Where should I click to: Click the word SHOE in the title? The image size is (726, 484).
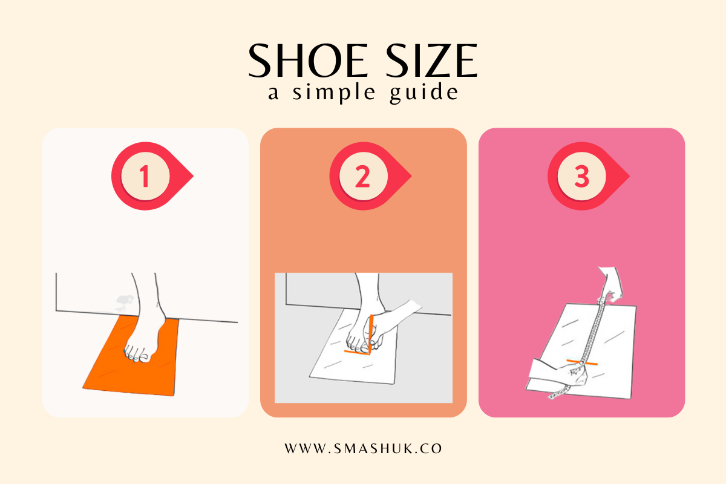[308, 60]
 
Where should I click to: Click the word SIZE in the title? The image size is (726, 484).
[432, 60]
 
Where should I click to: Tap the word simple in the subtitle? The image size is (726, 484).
[334, 93]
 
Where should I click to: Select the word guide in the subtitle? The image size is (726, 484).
[424, 93]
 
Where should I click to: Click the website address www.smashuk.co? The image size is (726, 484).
[364, 449]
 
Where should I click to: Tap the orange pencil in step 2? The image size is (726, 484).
[370, 334]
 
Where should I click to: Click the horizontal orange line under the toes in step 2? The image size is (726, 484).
[357, 352]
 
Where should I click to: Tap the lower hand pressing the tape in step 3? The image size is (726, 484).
[561, 376]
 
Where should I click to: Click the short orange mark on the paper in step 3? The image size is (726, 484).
[582, 362]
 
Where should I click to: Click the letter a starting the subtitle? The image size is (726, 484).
[273, 93]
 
